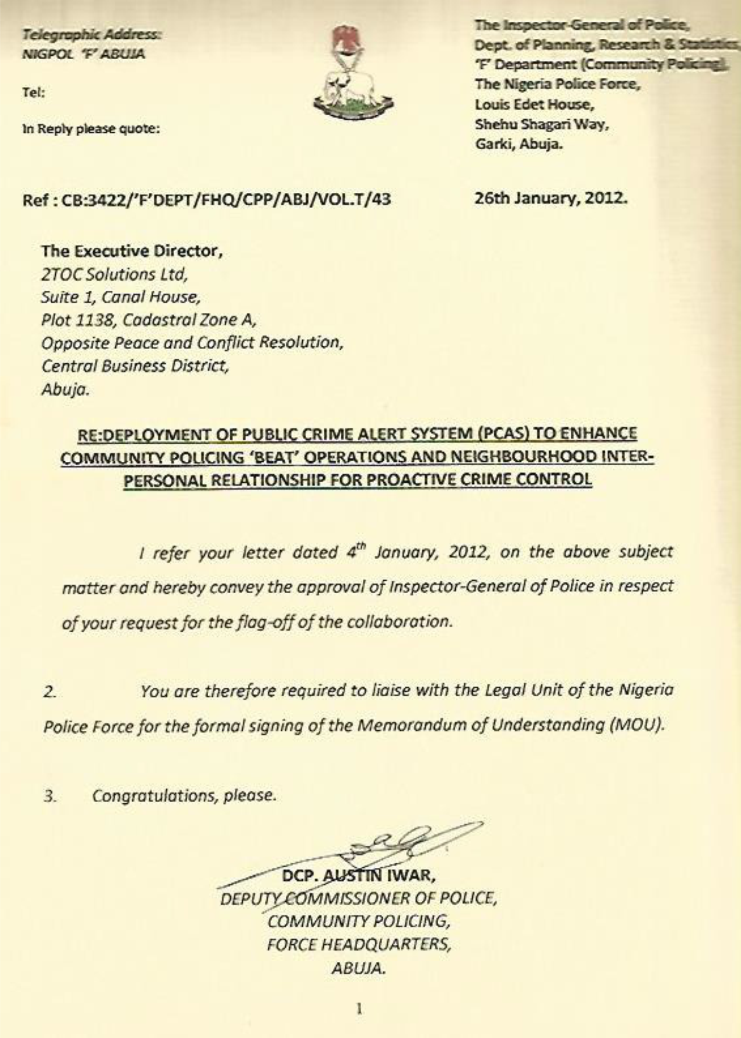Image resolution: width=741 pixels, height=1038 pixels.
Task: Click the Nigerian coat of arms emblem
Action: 353,74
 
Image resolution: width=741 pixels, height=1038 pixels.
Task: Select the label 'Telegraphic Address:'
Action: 92,34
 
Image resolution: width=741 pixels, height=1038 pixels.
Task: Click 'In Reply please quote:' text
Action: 91,129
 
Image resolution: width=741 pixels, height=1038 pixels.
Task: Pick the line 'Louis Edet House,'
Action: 534,104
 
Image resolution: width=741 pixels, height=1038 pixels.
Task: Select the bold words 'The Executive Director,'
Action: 132,251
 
